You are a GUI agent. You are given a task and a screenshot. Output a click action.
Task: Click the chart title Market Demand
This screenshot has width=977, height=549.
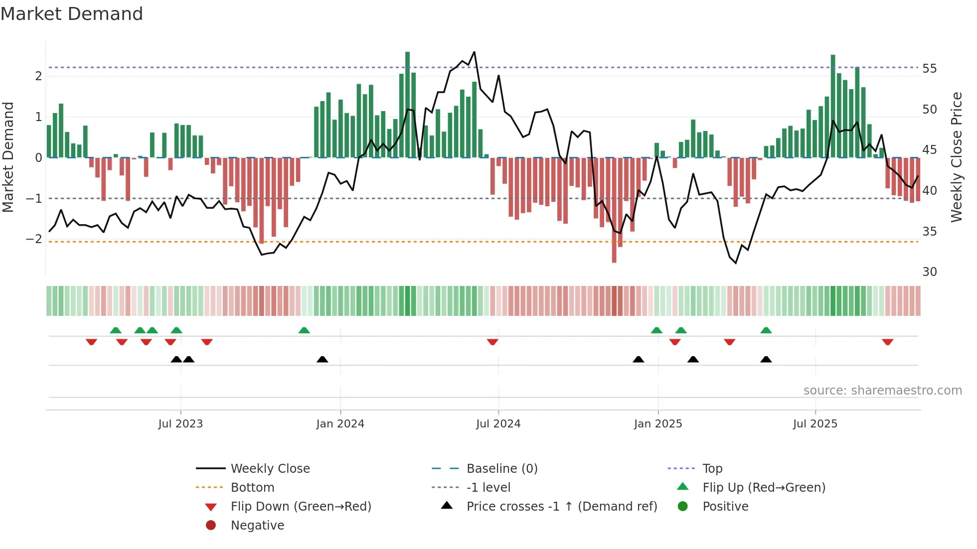[72, 13]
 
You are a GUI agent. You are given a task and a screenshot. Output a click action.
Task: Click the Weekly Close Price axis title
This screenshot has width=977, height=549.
[956, 157]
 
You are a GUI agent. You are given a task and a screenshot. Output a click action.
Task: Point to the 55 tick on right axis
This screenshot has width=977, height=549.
[929, 68]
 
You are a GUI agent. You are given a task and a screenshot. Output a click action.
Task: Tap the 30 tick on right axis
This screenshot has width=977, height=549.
[929, 272]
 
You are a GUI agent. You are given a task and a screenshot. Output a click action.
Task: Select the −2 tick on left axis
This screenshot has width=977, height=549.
[34, 239]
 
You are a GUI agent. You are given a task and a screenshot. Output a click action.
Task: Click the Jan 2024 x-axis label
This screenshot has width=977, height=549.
[340, 423]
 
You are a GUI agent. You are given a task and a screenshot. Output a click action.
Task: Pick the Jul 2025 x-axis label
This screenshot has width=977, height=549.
[815, 423]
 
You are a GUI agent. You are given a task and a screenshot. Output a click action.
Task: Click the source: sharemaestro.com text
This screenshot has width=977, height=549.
[882, 390]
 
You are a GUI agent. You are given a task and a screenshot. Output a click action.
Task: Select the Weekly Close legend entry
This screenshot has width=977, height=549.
[270, 468]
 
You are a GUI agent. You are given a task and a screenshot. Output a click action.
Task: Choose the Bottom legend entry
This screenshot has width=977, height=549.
[252, 487]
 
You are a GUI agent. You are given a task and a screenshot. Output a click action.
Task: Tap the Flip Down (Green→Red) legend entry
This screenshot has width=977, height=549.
[301, 506]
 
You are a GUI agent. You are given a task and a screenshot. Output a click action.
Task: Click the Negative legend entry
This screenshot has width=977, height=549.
[257, 525]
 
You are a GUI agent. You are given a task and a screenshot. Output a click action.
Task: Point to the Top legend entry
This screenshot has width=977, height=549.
[712, 468]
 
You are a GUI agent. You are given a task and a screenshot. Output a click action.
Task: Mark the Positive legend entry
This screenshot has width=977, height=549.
[725, 506]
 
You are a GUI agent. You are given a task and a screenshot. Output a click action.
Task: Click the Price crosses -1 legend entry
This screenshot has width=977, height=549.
[561, 506]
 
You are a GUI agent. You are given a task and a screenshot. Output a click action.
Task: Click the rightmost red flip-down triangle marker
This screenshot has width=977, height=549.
[887, 342]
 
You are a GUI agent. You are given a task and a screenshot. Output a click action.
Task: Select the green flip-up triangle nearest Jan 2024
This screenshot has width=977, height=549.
[304, 330]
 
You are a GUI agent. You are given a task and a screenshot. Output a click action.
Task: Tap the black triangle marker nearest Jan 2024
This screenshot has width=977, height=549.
[323, 359]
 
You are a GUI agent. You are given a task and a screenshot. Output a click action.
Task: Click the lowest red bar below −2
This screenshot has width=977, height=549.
[614, 257]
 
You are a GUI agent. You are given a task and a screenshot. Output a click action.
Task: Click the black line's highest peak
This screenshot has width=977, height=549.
[474, 52]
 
